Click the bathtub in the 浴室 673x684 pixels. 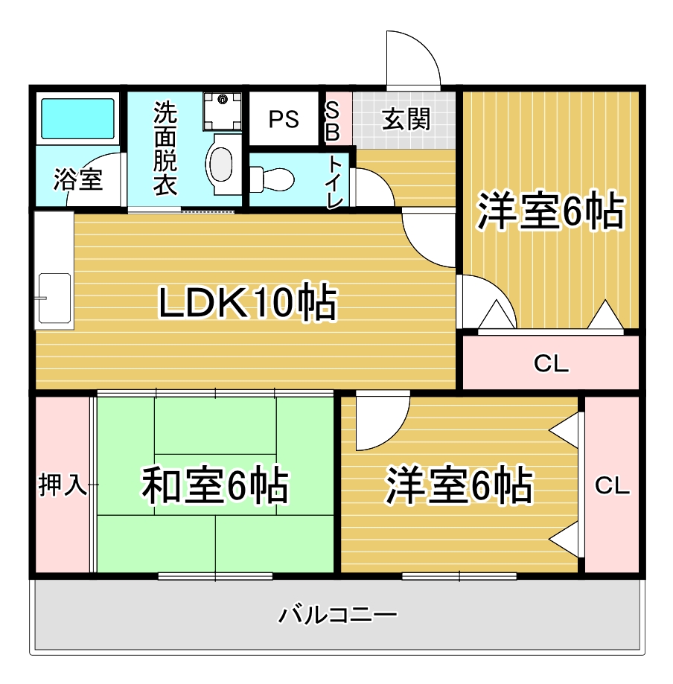[77, 118]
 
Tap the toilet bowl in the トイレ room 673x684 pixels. [272, 179]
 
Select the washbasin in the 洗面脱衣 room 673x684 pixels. [222, 164]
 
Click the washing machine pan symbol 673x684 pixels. [222, 111]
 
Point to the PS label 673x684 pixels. [284, 119]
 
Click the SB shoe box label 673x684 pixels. [332, 121]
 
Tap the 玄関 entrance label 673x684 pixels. [406, 118]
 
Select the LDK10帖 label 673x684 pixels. [248, 301]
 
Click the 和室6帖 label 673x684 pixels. [215, 485]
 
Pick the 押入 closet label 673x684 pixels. [63, 485]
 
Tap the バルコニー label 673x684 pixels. [338, 615]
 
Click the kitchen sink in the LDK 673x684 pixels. [54, 298]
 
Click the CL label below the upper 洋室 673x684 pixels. [551, 363]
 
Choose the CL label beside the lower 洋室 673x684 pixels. [613, 485]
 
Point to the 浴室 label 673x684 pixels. [78, 179]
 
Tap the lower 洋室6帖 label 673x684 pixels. [459, 485]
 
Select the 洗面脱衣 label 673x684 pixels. [165, 148]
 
